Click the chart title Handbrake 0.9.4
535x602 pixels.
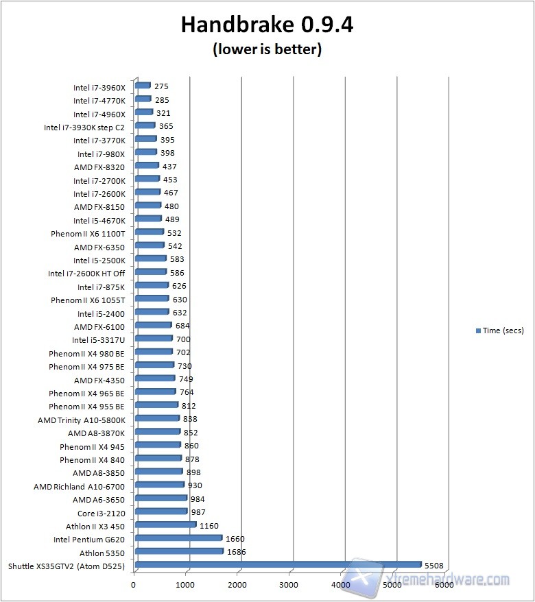click(267, 25)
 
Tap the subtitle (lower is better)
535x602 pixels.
click(267, 49)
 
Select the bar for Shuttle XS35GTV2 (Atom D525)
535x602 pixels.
click(278, 564)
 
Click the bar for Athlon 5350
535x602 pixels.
click(179, 551)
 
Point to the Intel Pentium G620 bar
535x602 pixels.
click(178, 538)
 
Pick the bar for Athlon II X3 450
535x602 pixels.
click(165, 525)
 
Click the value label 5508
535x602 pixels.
click(434, 565)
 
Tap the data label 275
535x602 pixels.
click(161, 86)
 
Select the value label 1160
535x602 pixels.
click(209, 526)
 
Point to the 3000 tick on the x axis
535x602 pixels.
click(289, 585)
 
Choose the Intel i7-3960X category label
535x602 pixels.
click(99, 88)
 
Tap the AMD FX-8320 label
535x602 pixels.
click(99, 167)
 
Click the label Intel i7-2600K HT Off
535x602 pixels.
click(86, 274)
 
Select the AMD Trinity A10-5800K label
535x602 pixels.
click(81, 420)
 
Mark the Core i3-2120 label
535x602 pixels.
click(101, 512)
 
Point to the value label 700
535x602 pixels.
click(183, 339)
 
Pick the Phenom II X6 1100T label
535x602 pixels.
click(88, 234)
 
